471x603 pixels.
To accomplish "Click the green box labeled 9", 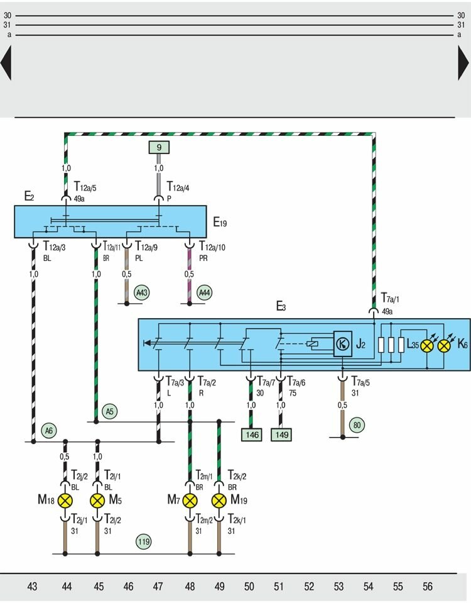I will point(159,148).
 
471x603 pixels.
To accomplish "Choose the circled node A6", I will point(48,431).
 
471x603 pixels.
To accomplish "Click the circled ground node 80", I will point(357,424).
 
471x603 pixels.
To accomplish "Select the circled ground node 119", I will point(144,541).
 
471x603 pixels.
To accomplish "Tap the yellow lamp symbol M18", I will point(66,501).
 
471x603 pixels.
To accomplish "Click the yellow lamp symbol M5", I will point(97,501).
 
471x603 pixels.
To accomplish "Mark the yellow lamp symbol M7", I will point(190,501).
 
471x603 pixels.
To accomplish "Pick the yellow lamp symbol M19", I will point(219,501).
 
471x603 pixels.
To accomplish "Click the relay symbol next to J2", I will point(342,343).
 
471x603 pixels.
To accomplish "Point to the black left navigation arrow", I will point(6,64).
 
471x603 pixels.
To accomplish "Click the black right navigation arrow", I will point(463,64).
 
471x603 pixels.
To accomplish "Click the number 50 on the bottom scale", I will point(249,587).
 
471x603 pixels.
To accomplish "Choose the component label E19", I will point(220,221).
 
